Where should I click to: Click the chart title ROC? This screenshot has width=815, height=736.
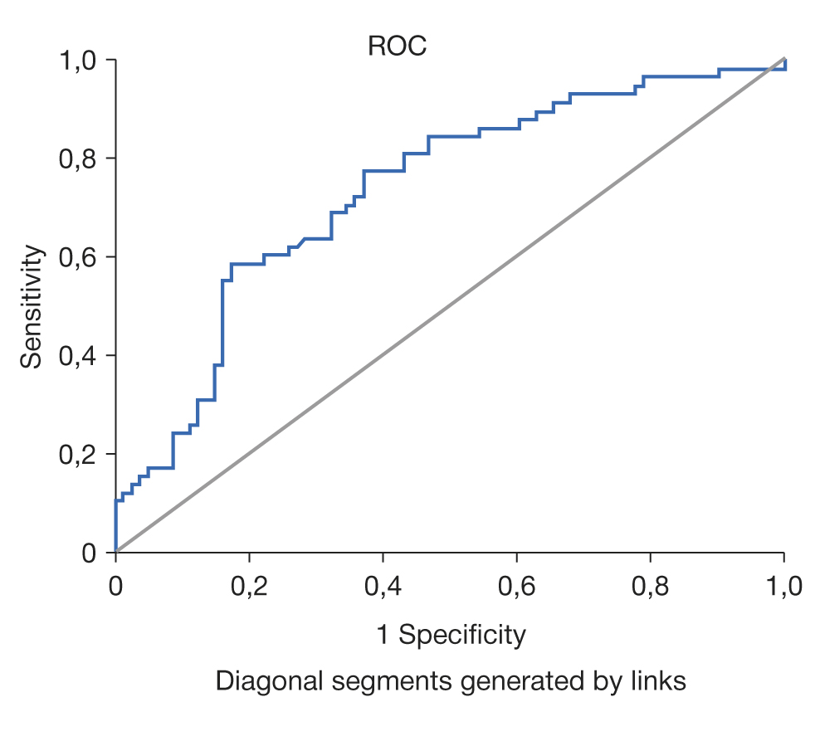397,46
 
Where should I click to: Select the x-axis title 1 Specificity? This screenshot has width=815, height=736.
451,636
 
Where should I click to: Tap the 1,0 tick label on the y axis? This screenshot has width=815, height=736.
77,61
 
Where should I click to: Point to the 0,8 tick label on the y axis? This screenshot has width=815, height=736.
77,158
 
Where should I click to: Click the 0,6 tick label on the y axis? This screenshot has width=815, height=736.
77,257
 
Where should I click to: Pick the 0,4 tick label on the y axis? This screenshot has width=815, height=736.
77,356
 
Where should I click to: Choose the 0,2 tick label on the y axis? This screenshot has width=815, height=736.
77,454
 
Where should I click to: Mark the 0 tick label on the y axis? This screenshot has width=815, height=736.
90,553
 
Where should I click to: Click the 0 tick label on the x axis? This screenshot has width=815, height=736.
115,587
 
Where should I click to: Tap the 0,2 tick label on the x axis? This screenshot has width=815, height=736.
249,587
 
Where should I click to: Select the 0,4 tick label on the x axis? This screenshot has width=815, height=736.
383,587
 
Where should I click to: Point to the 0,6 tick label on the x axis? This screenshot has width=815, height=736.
516,587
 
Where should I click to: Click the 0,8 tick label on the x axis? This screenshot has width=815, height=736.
650,587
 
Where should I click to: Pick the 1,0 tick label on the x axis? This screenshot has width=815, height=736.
783,587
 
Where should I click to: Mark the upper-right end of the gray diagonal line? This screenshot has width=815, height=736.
783,59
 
